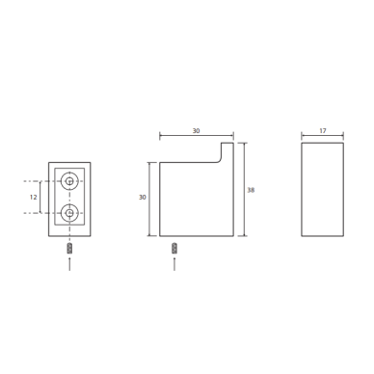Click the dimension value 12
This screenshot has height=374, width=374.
coord(33,197)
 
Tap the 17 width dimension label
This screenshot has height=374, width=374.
coord(323,131)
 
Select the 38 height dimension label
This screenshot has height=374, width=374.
coord(251,190)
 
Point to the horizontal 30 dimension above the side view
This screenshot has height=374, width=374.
coord(196,131)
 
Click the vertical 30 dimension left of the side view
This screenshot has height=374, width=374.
coord(143,198)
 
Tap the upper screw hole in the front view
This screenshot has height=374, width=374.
coord(69,181)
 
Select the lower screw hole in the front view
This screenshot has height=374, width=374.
coord(69,213)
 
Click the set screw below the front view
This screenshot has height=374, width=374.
coord(69,249)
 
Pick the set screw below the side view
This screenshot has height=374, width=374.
coord(174,249)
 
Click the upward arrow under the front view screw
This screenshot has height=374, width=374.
coord(69,263)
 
